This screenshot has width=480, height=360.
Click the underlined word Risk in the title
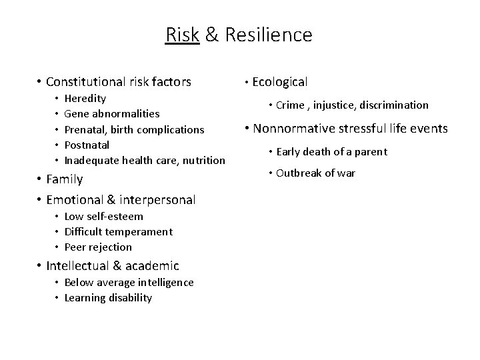182,34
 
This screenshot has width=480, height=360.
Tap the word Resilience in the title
268,34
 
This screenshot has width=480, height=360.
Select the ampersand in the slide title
212,34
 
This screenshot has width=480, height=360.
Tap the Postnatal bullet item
87,145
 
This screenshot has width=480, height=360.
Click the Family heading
64,179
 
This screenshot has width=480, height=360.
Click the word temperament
139,231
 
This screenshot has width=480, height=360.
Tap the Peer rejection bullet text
98,247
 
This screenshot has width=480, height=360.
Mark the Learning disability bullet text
108,297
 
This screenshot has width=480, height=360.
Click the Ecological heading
279,82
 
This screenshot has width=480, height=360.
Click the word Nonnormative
296,129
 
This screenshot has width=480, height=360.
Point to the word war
347,173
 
